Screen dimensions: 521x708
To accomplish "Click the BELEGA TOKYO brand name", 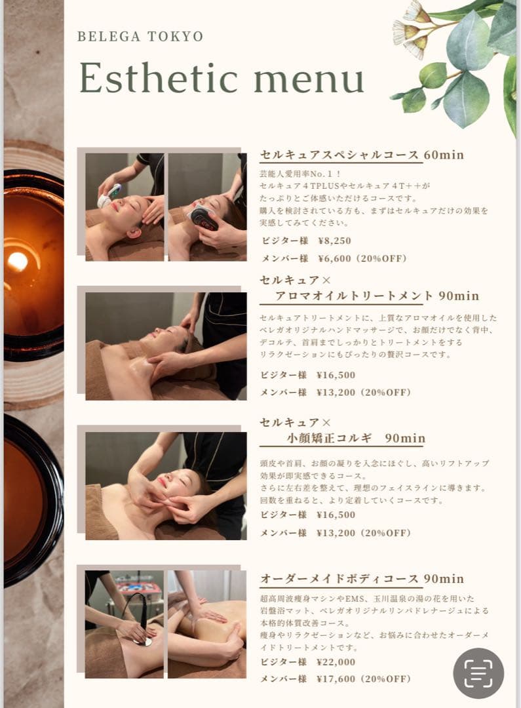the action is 140,37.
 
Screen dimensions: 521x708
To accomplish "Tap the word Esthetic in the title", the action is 159,77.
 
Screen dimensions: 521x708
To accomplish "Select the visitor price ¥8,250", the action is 334,241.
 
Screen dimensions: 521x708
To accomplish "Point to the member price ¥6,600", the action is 334,259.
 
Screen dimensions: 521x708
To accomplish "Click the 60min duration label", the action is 444,155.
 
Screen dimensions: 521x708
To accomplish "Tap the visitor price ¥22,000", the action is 336,662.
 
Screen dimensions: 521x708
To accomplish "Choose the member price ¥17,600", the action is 336,679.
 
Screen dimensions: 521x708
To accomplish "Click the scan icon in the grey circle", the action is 478,673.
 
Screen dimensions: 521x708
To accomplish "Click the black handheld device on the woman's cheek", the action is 203,218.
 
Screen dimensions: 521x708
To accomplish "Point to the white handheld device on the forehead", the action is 109,195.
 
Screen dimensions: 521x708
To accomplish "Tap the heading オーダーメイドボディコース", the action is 339,579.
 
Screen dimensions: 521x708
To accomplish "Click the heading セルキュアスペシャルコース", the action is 339,155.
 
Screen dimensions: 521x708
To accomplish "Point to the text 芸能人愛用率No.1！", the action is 300,174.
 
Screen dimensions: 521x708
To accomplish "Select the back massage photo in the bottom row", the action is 207,624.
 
